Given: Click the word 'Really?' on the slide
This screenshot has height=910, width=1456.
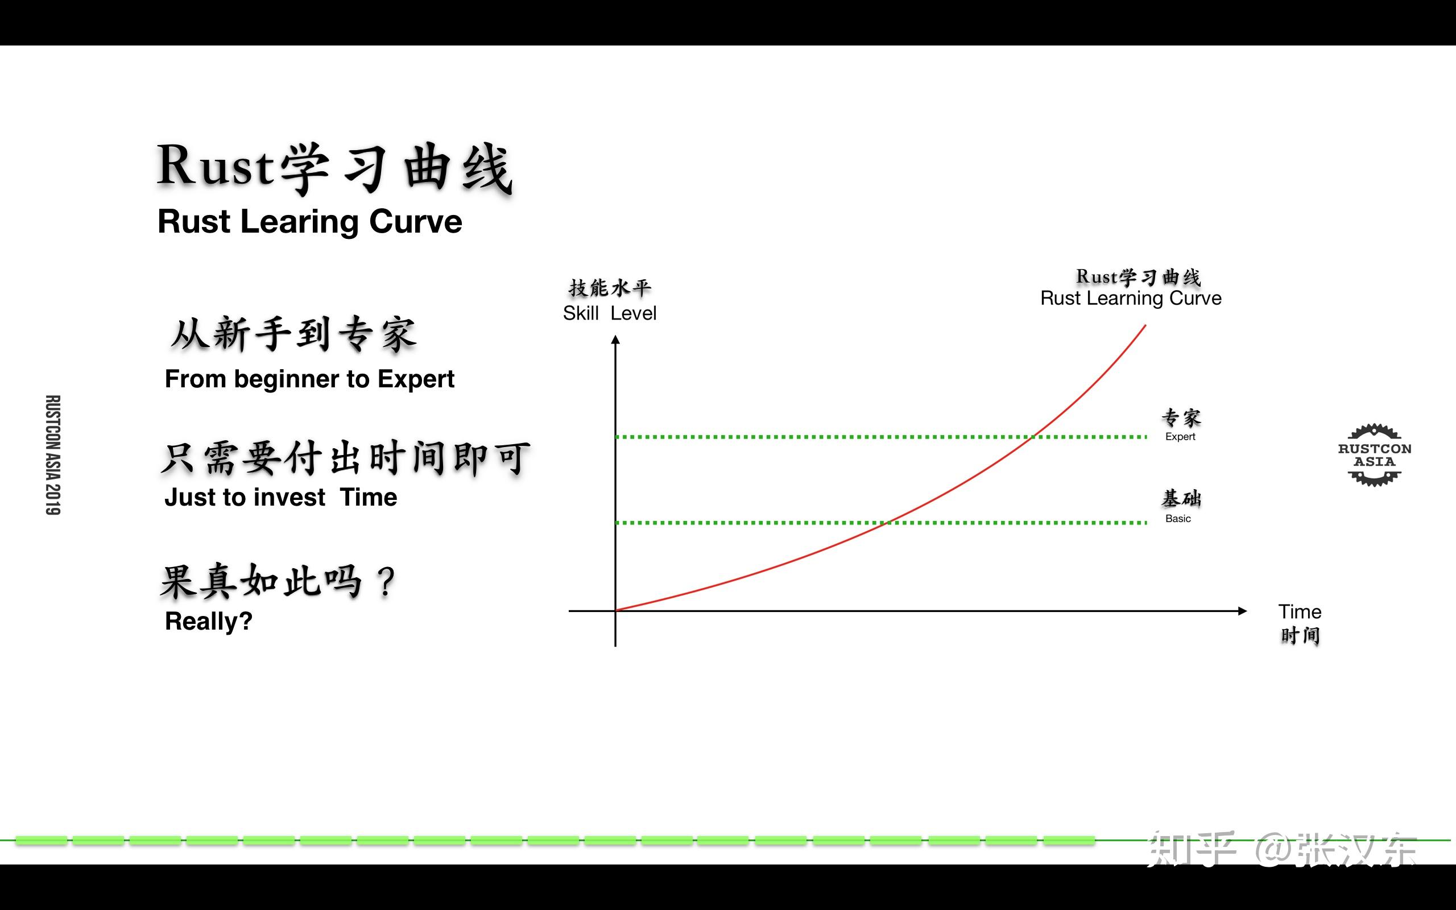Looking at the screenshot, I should click(208, 621).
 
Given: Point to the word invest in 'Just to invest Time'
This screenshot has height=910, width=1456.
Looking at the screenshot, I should click(289, 498).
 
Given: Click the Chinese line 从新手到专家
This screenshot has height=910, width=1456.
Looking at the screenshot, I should click(293, 334).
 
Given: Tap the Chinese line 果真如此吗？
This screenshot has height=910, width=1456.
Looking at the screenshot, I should click(278, 581).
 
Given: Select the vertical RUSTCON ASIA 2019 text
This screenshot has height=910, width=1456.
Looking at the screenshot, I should click(53, 455).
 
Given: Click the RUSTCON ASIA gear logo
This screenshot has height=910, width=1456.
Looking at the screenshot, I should click(1374, 455).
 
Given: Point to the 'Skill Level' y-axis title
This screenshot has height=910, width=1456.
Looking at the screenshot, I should click(609, 313).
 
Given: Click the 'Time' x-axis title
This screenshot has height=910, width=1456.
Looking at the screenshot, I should click(1300, 612).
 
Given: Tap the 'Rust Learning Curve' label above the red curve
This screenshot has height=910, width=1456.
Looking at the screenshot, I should click(1131, 299).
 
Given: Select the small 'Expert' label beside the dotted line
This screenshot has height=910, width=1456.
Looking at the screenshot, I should click(1180, 437).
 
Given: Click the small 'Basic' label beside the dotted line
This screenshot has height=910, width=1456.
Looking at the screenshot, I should click(1177, 519).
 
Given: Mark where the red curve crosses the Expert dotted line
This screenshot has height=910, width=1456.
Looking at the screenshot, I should click(1033, 437).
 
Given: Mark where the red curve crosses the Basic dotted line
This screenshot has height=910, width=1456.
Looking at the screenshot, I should click(887, 523).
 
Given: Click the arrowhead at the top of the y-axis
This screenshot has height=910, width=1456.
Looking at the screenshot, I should click(615, 340).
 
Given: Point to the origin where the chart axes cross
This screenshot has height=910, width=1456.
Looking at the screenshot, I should click(615, 611).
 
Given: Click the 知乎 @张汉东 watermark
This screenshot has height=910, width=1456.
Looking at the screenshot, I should click(1281, 849).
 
